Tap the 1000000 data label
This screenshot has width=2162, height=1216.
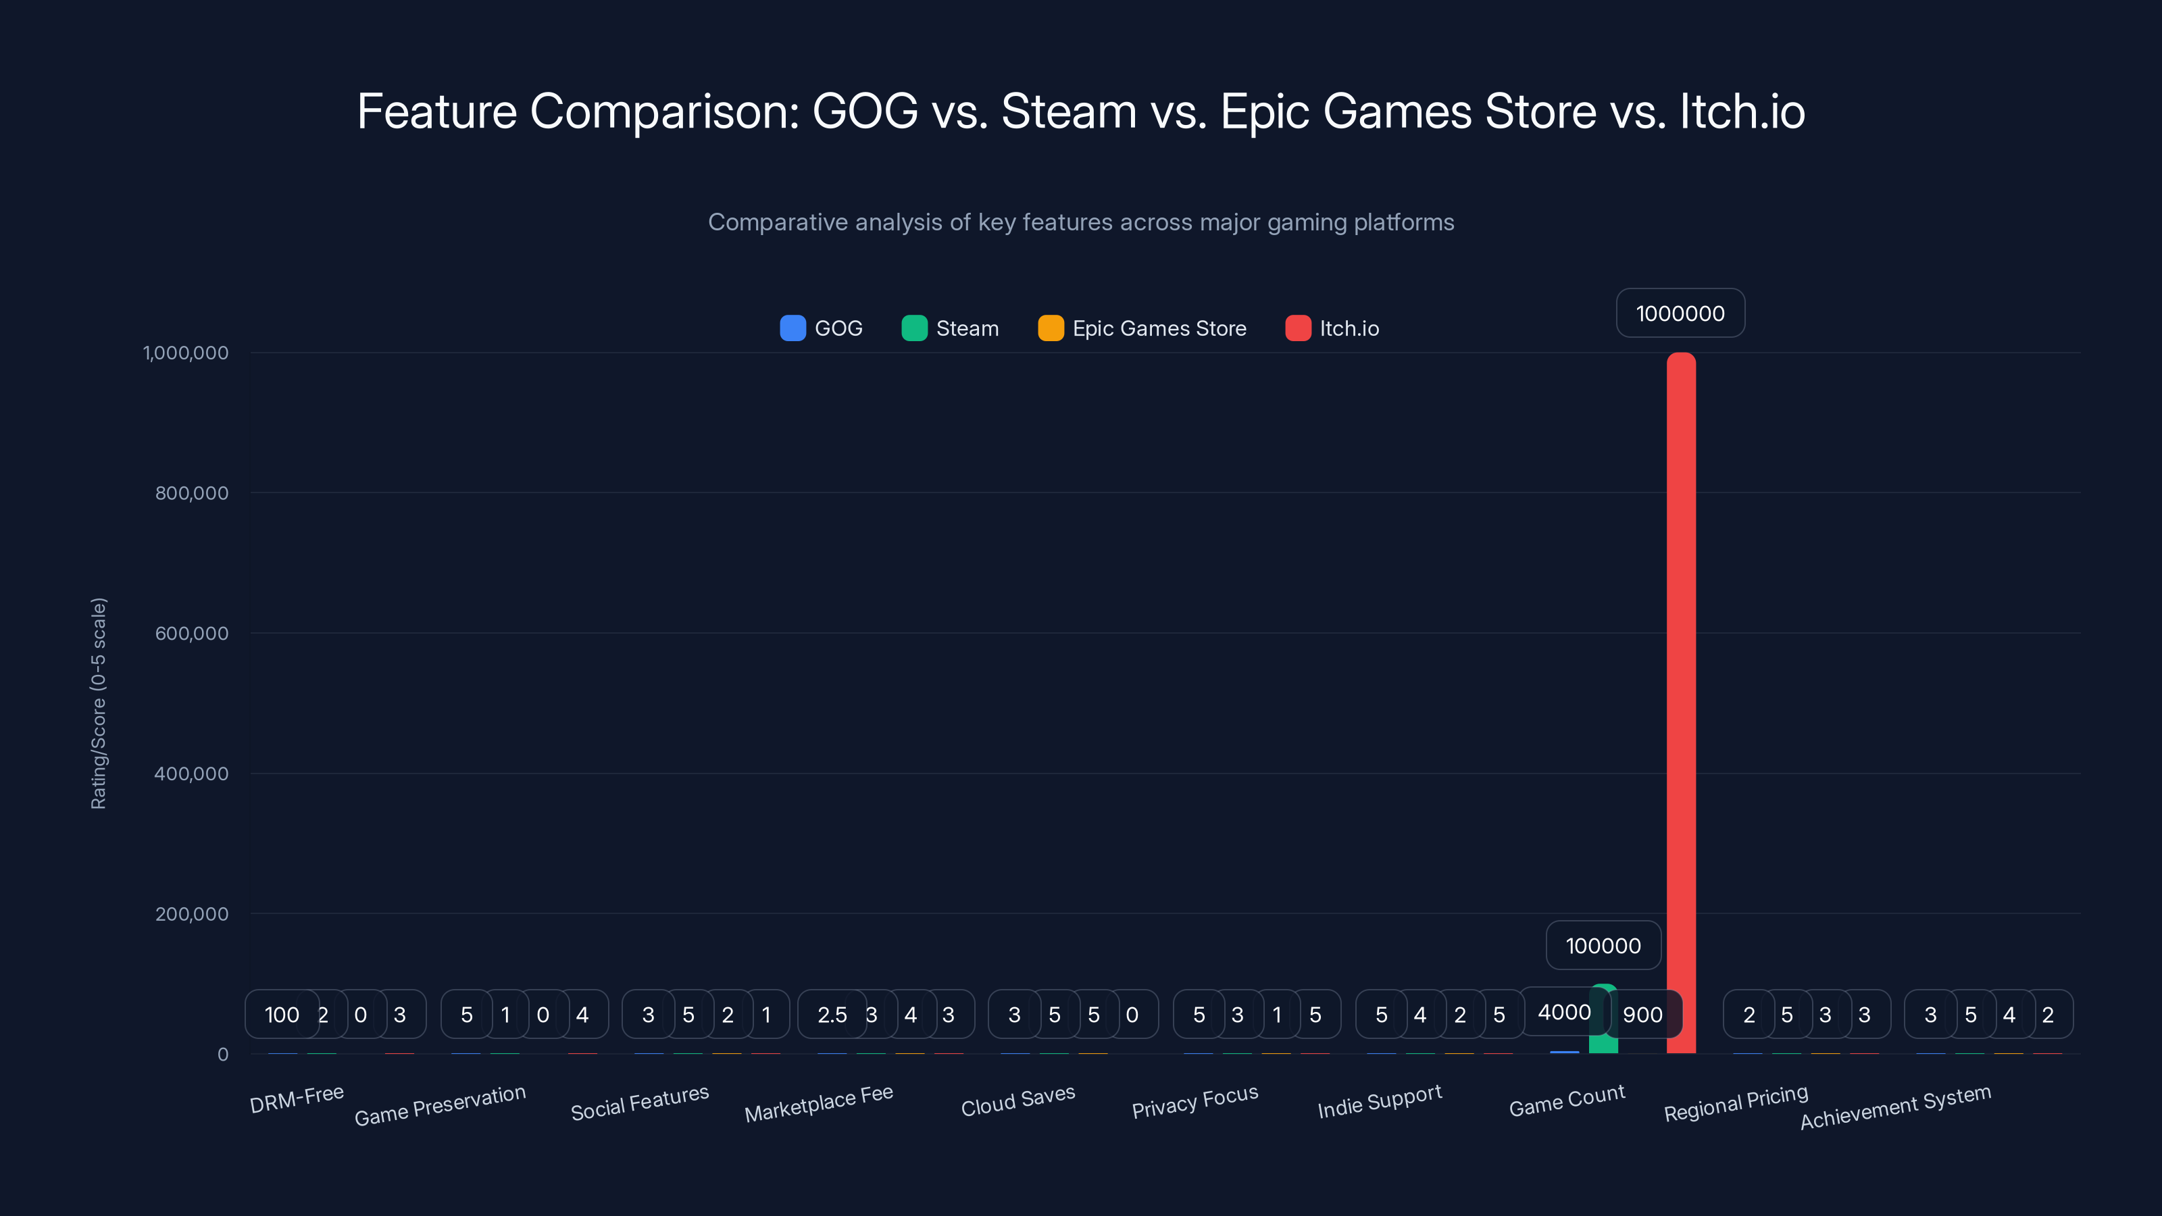1680,313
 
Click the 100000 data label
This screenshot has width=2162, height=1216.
1603,946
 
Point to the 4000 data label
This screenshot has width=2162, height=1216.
1563,1012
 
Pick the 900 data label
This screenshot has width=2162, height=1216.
1643,1015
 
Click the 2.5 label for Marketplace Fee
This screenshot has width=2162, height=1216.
832,1015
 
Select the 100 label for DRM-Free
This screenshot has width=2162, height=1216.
281,1015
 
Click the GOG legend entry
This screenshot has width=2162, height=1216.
822,328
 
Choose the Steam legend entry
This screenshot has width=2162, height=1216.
950,328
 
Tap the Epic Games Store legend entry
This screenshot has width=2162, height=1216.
1142,328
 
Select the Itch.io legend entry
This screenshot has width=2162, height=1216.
1333,328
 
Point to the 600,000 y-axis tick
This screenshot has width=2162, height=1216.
191,634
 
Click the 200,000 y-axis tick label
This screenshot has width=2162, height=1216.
191,914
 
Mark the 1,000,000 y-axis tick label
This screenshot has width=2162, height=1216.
186,353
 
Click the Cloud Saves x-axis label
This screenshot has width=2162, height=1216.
1017,1100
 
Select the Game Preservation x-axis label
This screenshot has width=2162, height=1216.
440,1105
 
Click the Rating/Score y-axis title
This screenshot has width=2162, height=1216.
98,703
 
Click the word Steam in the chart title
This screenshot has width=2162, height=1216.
1068,111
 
